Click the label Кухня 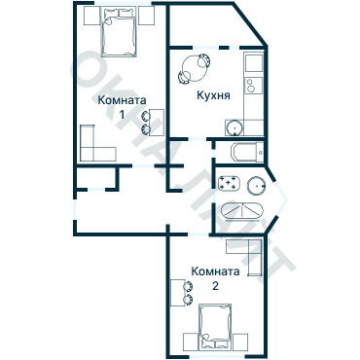(213, 95)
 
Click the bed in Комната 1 (119, 32)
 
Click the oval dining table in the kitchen (194, 68)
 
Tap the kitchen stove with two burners (254, 86)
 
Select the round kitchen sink (234, 127)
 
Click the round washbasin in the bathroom (257, 186)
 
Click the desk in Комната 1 (157, 123)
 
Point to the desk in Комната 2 (177, 292)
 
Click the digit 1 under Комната (122, 115)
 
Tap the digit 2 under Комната (215, 286)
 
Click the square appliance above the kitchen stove (254, 63)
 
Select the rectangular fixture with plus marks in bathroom (229, 184)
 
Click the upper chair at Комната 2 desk (188, 286)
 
